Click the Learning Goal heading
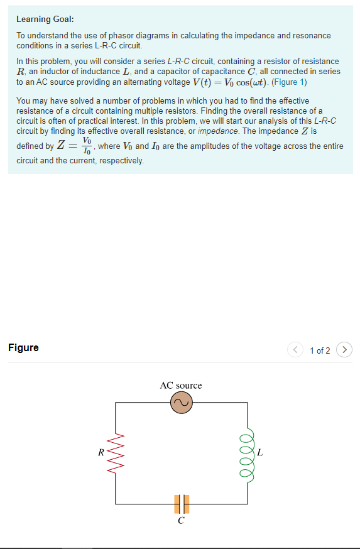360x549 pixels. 45,19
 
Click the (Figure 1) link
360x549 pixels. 289,82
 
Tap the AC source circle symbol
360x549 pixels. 181,403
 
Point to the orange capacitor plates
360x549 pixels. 181,504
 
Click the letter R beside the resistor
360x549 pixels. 101,452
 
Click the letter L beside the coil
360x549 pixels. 260,452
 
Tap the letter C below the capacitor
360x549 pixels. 181,521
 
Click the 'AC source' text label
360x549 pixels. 181,385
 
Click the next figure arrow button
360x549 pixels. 344,350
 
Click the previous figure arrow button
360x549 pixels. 296,350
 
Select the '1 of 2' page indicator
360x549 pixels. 320,351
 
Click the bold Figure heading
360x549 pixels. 23,347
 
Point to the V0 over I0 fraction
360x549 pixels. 87,146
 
